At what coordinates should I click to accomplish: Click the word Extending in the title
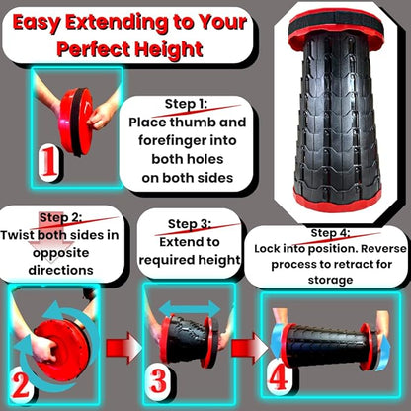coord(117,23)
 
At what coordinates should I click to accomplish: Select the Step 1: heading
coord(186,104)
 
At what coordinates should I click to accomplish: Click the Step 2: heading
coord(60,217)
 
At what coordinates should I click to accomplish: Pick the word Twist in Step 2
coord(18,235)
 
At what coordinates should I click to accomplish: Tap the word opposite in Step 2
coord(61,253)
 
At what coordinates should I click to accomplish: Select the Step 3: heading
coord(190,224)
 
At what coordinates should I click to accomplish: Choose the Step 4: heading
coord(330,233)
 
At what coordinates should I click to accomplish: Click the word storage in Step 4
coord(331,281)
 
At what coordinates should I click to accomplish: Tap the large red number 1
coord(49,163)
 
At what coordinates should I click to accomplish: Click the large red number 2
coord(21,384)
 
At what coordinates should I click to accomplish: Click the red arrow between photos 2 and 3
coord(123,348)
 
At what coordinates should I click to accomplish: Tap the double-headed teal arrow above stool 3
coord(190,309)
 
